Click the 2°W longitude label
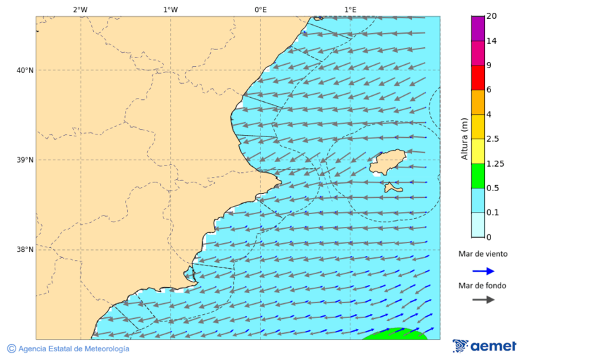80,9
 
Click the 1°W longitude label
170,9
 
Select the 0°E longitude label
260,9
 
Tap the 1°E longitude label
350,9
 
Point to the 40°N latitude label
25,70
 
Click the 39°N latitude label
25,160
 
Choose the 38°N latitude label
25,250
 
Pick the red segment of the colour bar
478,78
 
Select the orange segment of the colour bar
478,102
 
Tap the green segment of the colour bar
478,176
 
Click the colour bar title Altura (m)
464,139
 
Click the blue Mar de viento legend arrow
483,271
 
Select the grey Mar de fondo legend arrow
483,300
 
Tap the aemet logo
484,346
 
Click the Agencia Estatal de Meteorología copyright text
68,349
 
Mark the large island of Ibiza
388,163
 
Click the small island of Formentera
392,188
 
